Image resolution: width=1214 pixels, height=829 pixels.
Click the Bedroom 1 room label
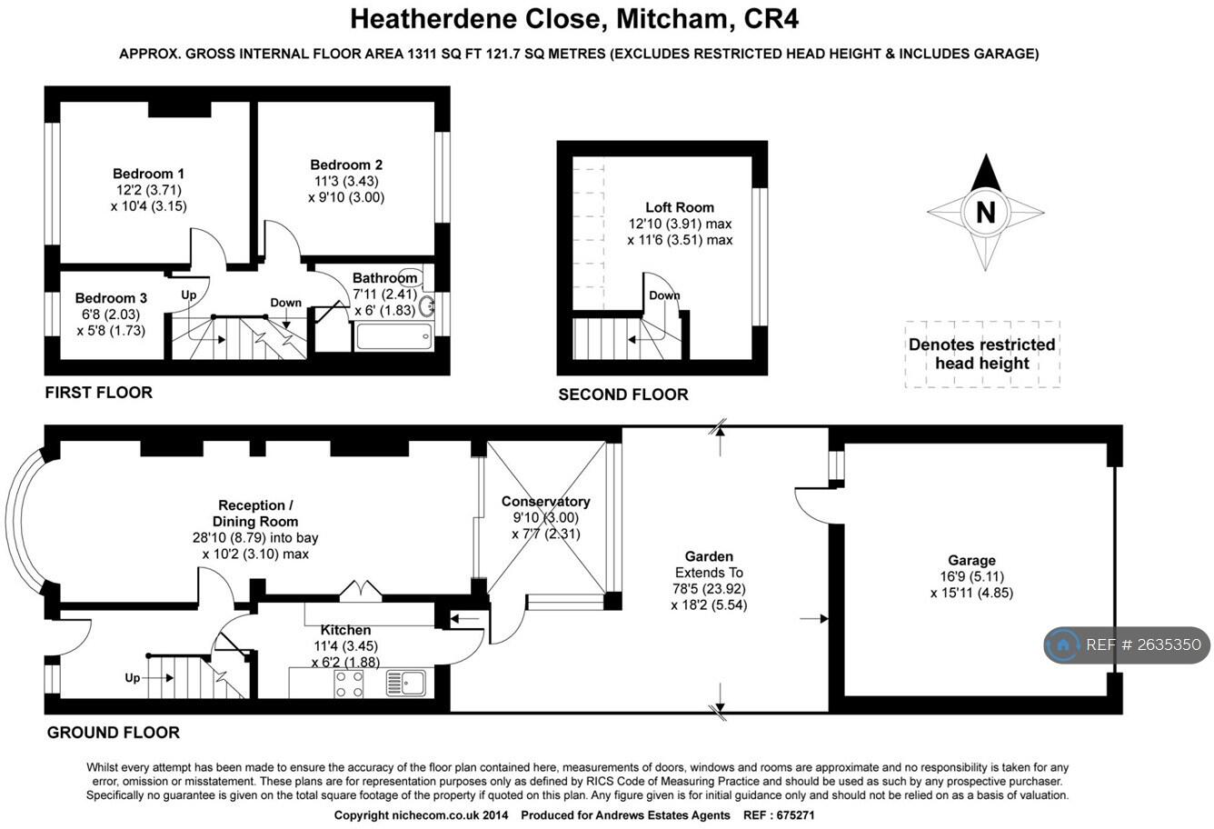[x=149, y=174]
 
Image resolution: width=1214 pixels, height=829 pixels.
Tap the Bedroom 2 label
[x=346, y=165]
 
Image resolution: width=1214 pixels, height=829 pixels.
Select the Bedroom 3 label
[x=111, y=298]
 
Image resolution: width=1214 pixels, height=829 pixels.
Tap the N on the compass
[x=985, y=213]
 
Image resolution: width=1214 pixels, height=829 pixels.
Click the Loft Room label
[x=680, y=207]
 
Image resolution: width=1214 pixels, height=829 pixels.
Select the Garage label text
[x=971, y=561]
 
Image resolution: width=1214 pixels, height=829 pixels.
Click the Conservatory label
[x=545, y=502]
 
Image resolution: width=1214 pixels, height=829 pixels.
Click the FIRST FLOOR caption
[x=99, y=393]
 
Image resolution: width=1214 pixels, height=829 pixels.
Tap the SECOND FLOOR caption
[x=623, y=395]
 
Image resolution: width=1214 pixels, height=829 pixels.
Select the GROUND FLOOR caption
[x=114, y=733]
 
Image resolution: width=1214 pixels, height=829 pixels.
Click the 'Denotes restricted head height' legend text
[x=982, y=354]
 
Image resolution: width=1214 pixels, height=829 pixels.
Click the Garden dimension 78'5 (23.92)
[x=709, y=589]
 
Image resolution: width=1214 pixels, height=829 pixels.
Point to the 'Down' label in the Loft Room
[x=664, y=295]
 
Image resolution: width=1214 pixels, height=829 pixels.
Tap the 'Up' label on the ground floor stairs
[x=133, y=678]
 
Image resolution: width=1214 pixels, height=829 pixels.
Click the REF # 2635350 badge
[x=1127, y=645]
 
